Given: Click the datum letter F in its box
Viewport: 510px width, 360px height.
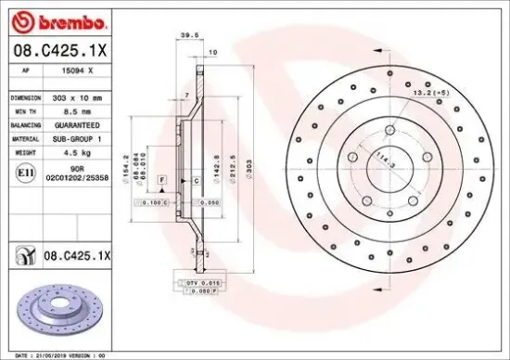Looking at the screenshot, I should (x=161, y=177).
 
